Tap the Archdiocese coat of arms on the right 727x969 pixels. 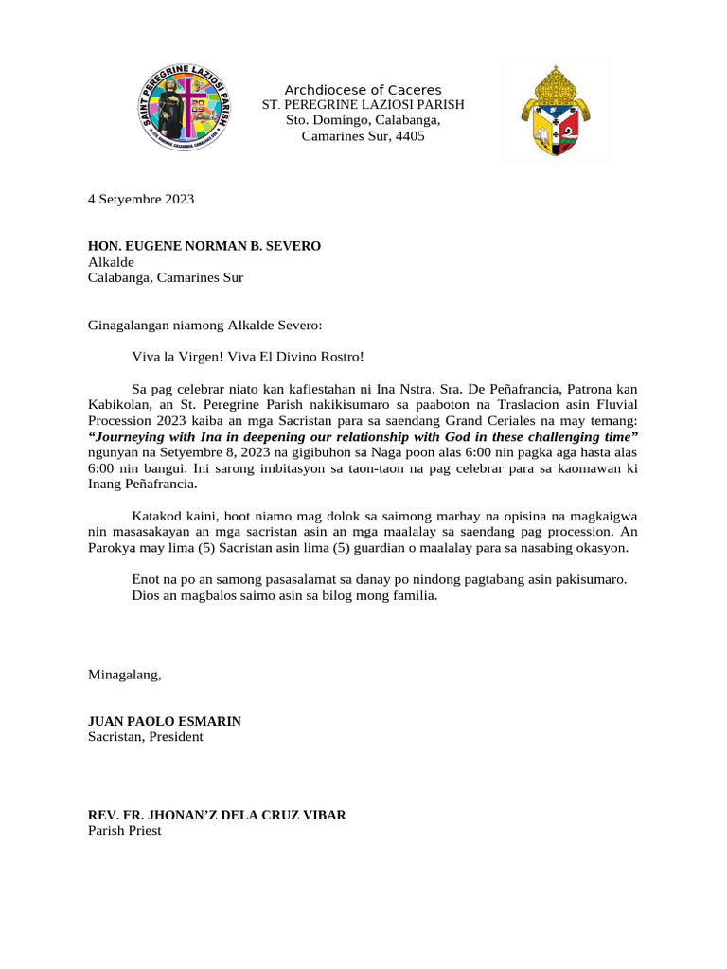pyautogui.click(x=557, y=112)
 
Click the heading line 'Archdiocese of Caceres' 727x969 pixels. pyautogui.click(x=363, y=90)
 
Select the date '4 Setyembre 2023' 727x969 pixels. pyautogui.click(x=141, y=199)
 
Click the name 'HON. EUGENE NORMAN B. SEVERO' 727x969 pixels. pyautogui.click(x=204, y=246)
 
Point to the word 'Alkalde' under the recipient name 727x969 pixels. pyautogui.click(x=112, y=262)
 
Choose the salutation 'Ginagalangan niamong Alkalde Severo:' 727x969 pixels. pyautogui.click(x=204, y=325)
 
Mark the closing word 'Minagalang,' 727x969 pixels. pyautogui.click(x=125, y=675)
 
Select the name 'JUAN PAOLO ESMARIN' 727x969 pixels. pyautogui.click(x=165, y=721)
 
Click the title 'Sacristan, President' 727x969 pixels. pyautogui.click(x=146, y=736)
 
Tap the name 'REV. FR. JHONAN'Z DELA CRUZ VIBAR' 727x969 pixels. pyautogui.click(x=217, y=815)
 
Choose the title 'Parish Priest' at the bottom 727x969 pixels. pyautogui.click(x=125, y=830)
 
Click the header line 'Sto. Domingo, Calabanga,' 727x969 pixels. pyautogui.click(x=363, y=120)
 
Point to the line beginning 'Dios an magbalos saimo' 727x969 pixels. pyautogui.click(x=285, y=595)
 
